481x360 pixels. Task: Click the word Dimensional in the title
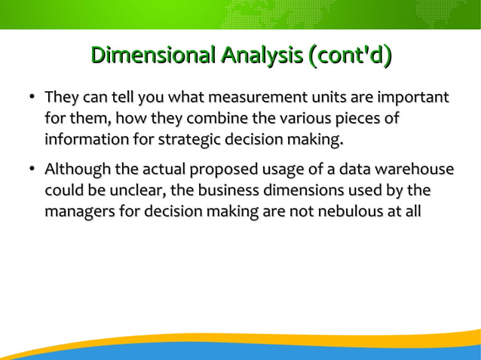coord(152,55)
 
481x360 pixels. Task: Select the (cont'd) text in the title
coord(348,55)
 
